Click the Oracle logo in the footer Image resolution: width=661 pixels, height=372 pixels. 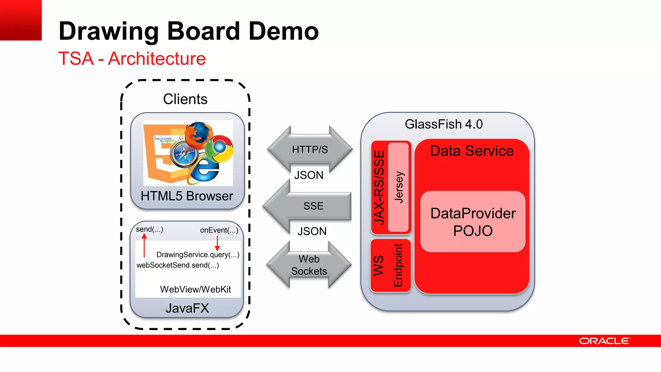(604, 341)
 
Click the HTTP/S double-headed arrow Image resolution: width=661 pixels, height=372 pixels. (310, 150)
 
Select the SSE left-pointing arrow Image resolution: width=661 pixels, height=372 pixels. (310, 206)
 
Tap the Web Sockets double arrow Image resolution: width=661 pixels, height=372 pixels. (309, 265)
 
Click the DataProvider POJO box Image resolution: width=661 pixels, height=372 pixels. (473, 222)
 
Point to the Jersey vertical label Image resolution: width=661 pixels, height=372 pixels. (399, 187)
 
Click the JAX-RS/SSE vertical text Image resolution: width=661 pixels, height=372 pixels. (379, 187)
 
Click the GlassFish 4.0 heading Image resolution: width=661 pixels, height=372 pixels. (443, 124)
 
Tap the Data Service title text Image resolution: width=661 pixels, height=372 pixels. (472, 151)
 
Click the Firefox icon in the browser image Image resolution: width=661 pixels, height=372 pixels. (199, 133)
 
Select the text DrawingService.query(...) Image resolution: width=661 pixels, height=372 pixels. (198, 255)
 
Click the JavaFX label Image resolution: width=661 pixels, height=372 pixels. (187, 308)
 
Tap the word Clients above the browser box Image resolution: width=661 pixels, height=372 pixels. (185, 99)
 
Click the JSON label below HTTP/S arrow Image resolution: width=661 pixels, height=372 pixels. (309, 175)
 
